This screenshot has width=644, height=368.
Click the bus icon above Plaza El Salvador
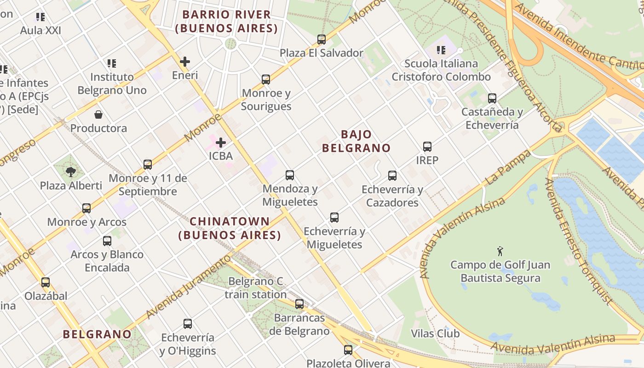point(322,40)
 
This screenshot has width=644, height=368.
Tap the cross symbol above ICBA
point(221,143)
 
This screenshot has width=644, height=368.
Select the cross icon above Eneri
point(185,62)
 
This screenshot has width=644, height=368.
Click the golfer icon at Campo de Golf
point(500,251)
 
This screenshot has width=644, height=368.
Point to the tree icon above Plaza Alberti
point(71,172)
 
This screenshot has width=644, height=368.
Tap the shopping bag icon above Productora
point(98,115)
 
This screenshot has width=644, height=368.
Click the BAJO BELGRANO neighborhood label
point(356,141)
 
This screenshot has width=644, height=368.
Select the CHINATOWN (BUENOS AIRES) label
point(230,228)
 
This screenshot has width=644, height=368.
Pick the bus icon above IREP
point(427,147)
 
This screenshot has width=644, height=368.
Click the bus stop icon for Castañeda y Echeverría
point(492,98)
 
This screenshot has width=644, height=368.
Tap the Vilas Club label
point(435,333)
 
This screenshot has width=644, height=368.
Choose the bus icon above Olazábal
point(46,282)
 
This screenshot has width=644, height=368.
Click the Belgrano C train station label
point(256,288)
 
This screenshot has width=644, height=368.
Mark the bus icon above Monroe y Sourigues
point(266,80)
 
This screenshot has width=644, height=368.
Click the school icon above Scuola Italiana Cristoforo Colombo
point(441,50)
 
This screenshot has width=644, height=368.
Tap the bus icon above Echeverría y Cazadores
point(392,176)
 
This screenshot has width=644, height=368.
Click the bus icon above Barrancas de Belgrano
point(299,304)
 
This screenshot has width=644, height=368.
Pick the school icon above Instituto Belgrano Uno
point(112,63)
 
